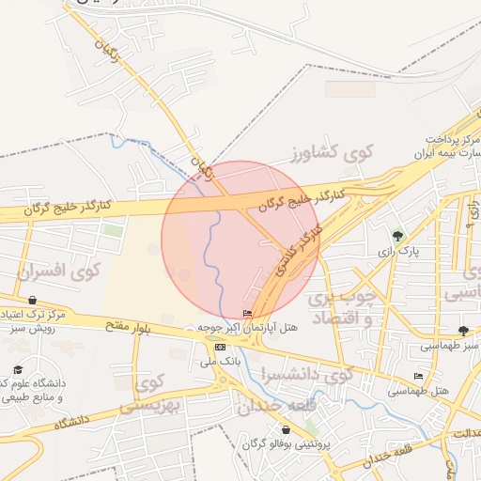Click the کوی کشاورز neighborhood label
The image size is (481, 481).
pos(333,152)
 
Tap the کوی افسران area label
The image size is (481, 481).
pos(58,273)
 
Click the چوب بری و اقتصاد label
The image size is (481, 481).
pos(342,308)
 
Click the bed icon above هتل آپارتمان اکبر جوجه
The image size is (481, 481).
pos(247,314)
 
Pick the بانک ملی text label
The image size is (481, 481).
pos(224,360)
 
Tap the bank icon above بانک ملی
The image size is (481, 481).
pos(220,347)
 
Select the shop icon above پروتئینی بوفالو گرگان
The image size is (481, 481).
pos(286,429)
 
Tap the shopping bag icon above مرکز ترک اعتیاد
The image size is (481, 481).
pos(33,301)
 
